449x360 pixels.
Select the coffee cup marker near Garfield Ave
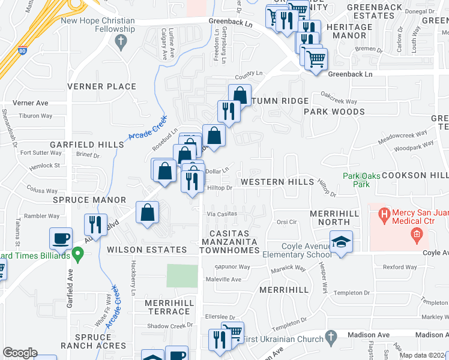click(x=61, y=238)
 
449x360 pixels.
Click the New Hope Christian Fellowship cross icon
click(x=121, y=41)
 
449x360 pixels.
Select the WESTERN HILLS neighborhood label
click(x=277, y=182)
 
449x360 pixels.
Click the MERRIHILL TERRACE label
click(x=169, y=307)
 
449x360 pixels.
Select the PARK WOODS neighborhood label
click(x=334, y=112)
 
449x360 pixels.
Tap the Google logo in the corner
click(x=20, y=353)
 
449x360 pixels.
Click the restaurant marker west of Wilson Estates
click(x=95, y=226)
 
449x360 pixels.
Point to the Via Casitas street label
click(x=222, y=214)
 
